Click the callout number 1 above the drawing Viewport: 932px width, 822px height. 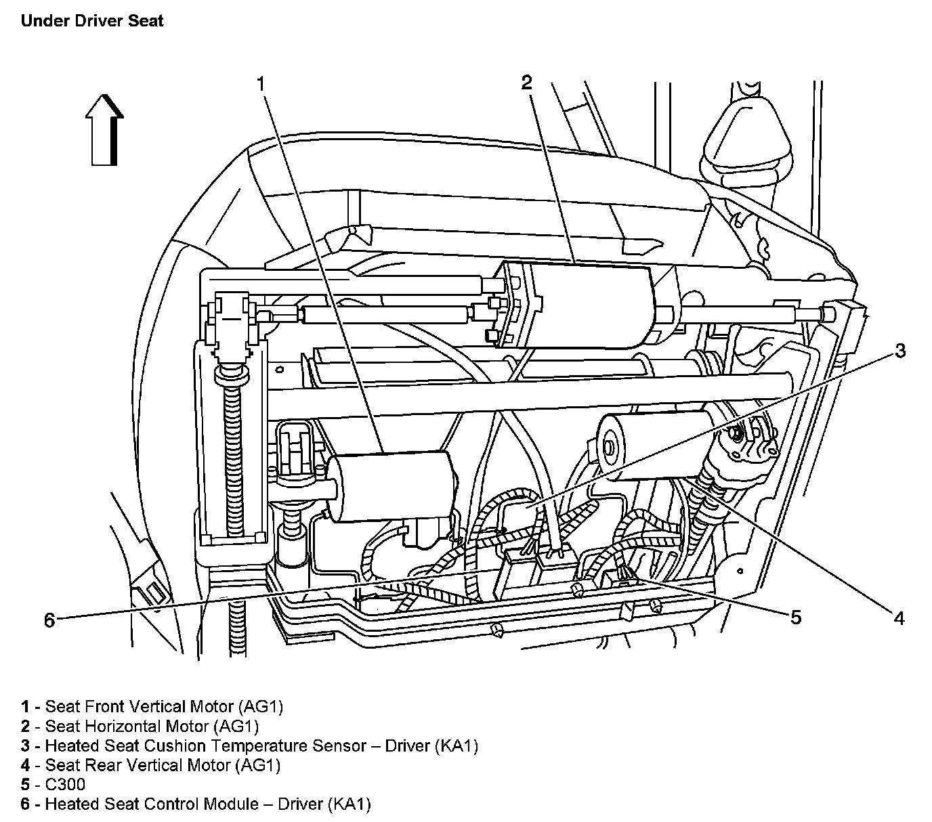point(261,84)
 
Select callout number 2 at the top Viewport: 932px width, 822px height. point(526,83)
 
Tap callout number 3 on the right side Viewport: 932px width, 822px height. point(899,351)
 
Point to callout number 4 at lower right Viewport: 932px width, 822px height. point(899,618)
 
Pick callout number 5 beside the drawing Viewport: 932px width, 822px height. point(795,617)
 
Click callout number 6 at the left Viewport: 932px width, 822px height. point(49,620)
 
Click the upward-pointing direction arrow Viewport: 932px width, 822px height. point(104,129)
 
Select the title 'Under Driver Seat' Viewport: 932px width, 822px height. point(92,21)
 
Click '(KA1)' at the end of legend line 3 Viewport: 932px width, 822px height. point(457,746)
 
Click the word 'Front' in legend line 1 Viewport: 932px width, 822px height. point(96,707)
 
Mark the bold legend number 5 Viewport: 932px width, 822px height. point(25,785)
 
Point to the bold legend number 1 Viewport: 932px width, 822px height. point(25,707)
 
